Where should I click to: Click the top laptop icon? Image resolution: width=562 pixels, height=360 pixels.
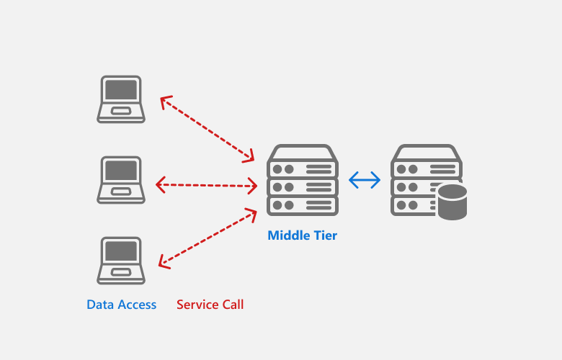(121, 99)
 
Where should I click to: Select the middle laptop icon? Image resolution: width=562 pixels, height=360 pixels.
(121, 179)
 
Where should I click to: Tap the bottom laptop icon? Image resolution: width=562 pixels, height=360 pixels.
(121, 260)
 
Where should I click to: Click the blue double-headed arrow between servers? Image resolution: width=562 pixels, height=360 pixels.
(365, 180)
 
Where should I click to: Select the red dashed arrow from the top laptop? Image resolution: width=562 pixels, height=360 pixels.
(207, 128)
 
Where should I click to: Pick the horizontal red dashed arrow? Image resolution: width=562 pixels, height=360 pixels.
(206, 186)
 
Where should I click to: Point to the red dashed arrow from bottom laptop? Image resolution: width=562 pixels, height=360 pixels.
(207, 239)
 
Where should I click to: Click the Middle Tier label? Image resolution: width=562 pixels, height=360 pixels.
(302, 235)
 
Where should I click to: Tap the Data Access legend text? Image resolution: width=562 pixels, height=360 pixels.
(121, 305)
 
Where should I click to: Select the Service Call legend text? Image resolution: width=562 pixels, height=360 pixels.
(210, 305)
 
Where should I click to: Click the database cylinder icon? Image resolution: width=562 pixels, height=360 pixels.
(452, 202)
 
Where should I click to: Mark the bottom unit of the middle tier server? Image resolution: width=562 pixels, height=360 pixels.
(303, 206)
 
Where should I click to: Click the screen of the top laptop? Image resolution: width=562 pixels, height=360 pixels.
(121, 90)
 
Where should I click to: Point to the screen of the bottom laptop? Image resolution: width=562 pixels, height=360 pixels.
(121, 251)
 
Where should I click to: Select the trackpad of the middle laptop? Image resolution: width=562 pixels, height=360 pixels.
(121, 192)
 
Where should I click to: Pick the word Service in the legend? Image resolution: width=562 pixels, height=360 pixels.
(196, 305)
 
